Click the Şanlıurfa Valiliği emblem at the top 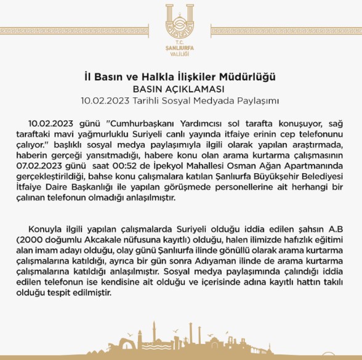click(x=180, y=23)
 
